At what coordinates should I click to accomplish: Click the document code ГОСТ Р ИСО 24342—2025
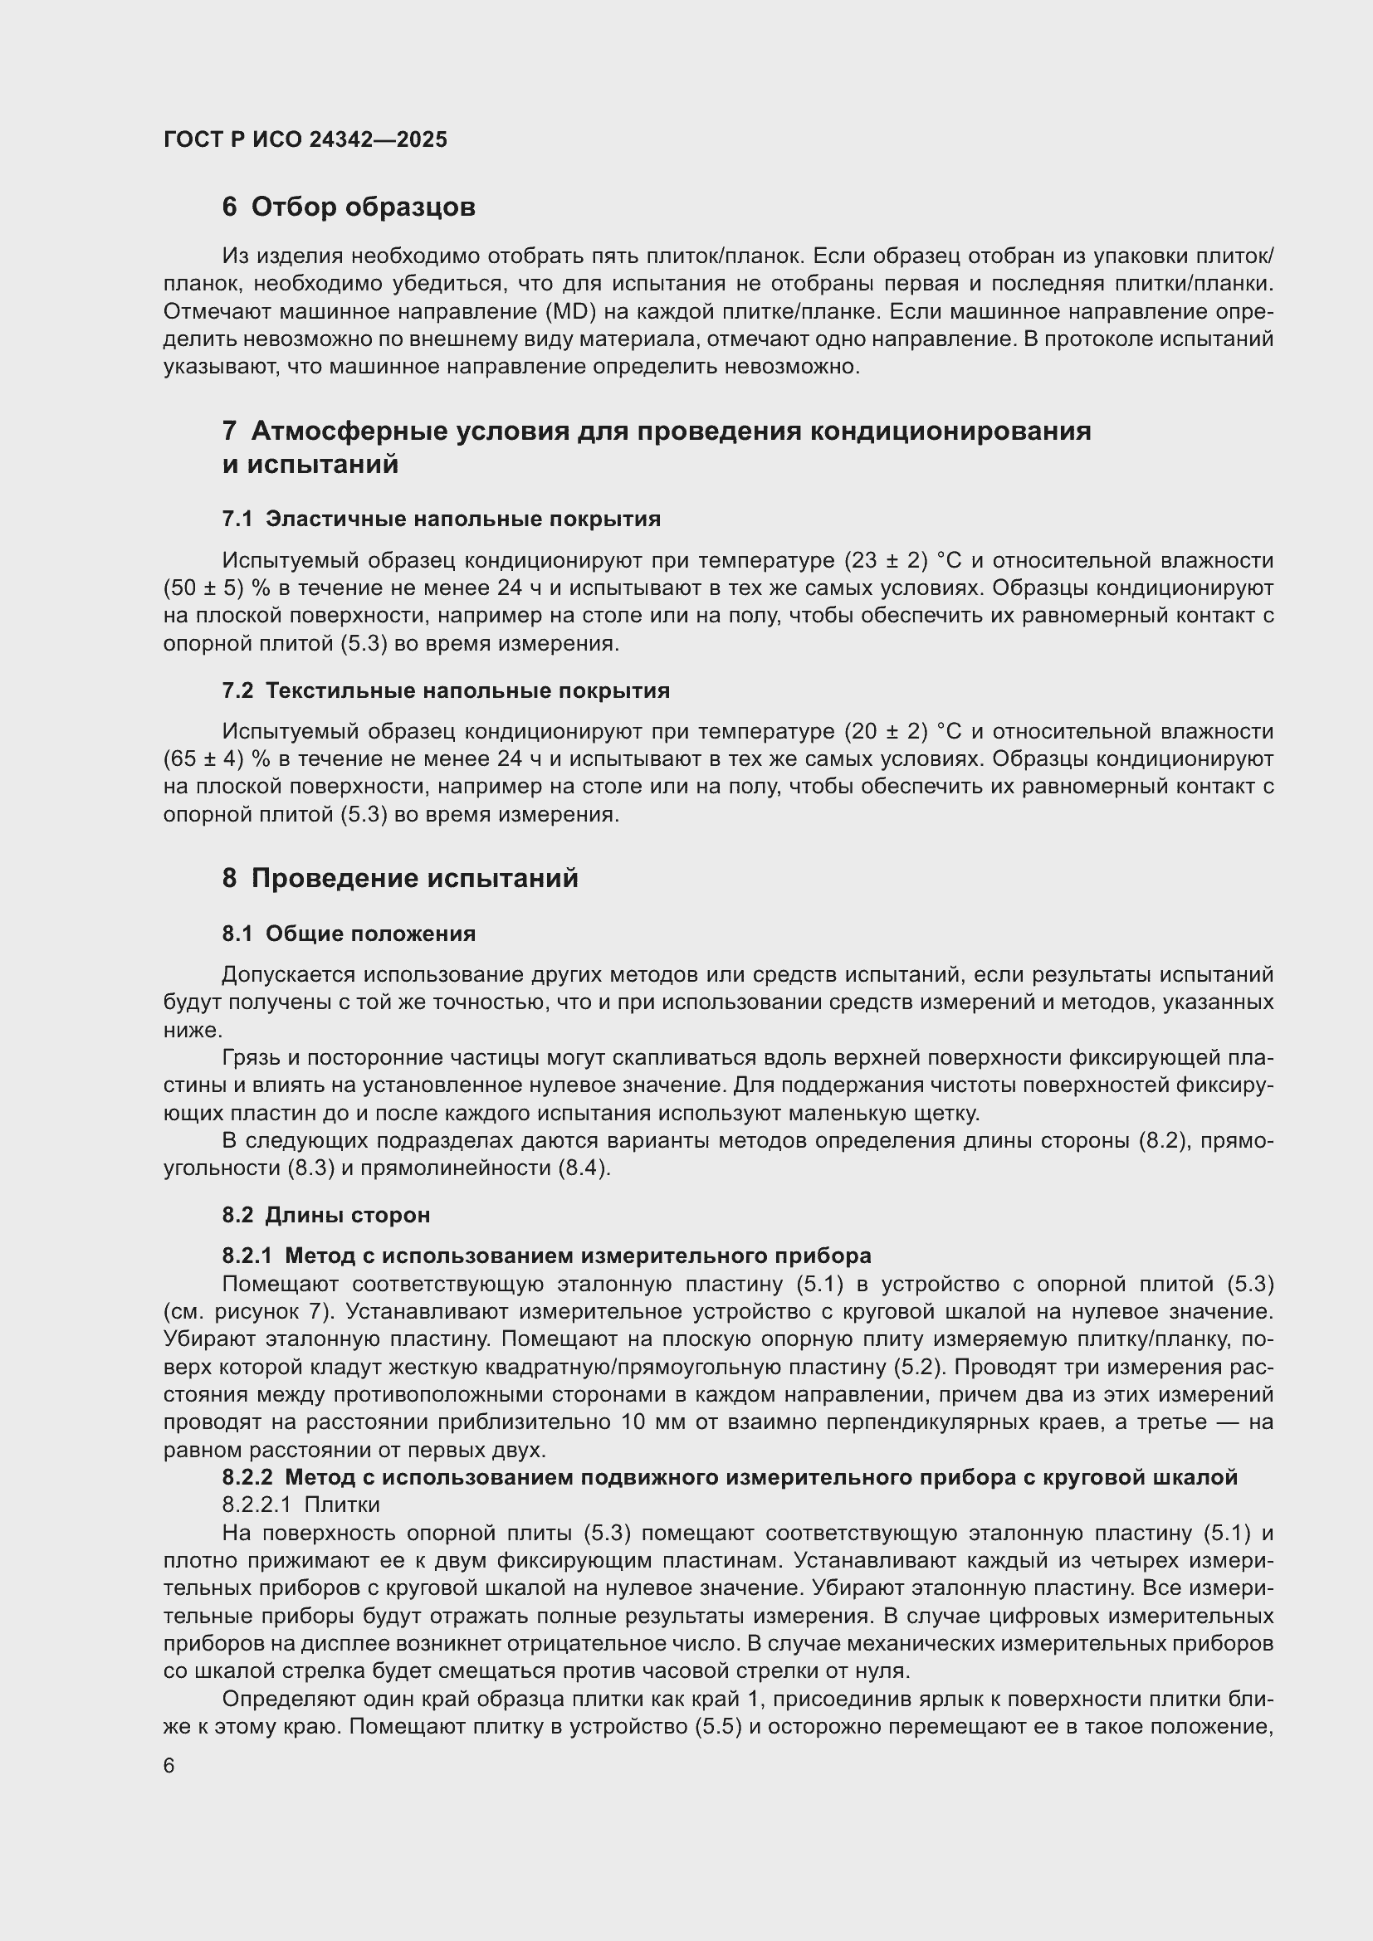coord(305,140)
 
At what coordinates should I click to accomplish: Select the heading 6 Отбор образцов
coord(349,207)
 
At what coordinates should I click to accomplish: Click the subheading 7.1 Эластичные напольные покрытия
coord(442,519)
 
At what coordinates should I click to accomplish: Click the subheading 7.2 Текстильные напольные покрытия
coord(446,690)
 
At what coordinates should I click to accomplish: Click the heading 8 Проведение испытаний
coord(400,878)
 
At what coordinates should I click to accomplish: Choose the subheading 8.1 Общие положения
coord(349,934)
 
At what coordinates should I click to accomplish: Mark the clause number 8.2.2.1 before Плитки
coord(257,1505)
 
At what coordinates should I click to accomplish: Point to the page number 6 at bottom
coord(169,1766)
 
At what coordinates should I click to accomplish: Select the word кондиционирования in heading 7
coord(950,432)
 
